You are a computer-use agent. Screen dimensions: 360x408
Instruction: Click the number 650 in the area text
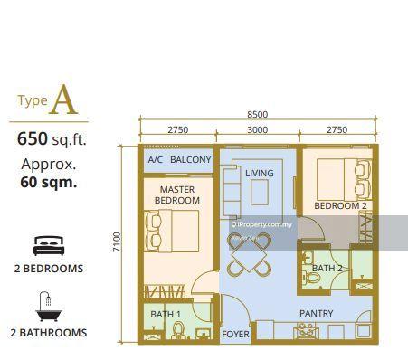[33, 139]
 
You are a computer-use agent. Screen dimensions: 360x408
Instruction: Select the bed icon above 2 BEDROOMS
[47, 244]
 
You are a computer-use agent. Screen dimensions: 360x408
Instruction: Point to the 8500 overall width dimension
[258, 114]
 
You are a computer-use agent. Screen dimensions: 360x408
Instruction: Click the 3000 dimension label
[258, 130]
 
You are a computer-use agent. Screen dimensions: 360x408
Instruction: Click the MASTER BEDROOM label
[177, 194]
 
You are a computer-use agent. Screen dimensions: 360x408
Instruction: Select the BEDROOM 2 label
[339, 206]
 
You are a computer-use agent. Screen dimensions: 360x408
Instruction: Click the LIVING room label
[260, 173]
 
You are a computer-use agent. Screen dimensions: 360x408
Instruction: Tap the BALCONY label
[191, 160]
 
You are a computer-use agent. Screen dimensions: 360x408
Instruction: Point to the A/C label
[155, 160]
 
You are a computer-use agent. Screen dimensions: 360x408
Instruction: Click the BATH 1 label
[166, 314]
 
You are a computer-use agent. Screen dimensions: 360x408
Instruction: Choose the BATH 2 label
[326, 268]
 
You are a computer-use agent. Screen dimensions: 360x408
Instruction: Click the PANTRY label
[317, 314]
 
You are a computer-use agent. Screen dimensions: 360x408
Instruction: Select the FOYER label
[235, 334]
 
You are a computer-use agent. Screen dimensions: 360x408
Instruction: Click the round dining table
[250, 254]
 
